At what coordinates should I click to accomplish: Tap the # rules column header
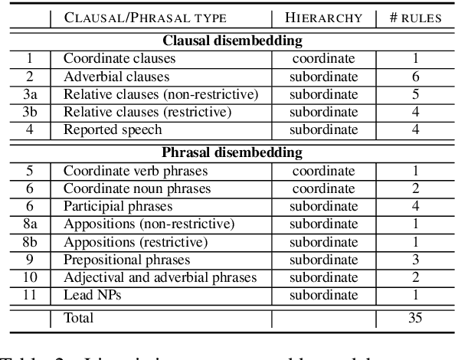point(414,18)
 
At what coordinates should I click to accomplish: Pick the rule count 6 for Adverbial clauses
point(414,77)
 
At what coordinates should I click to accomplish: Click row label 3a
point(30,94)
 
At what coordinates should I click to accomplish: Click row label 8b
point(30,243)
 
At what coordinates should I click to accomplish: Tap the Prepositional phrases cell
point(119,260)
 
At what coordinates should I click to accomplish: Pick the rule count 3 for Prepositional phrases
point(414,260)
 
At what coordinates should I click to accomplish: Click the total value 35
point(414,317)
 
